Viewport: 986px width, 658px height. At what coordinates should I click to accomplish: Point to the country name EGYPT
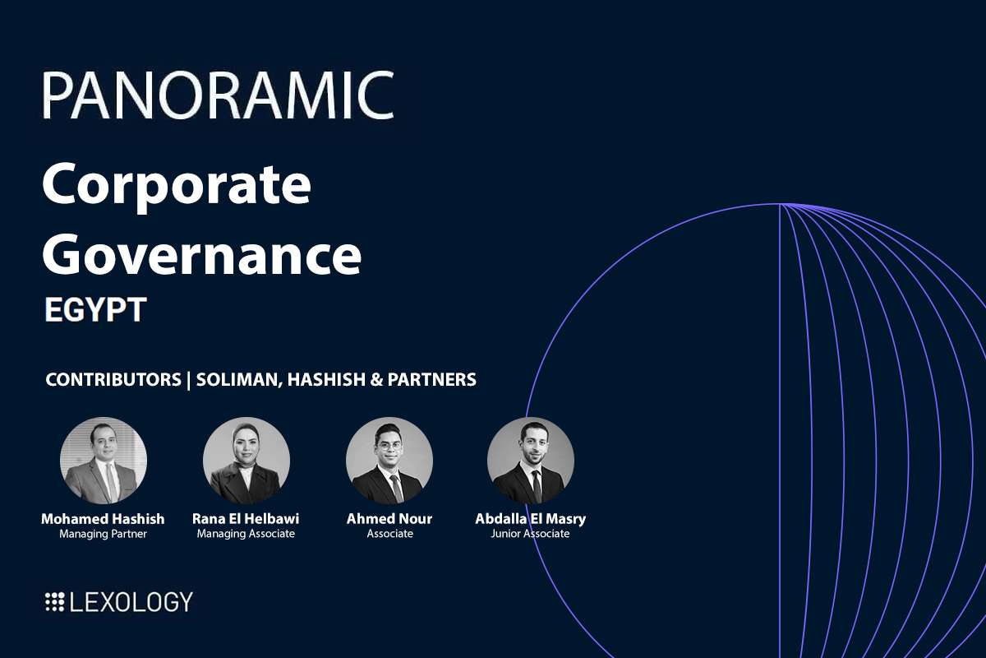(x=95, y=310)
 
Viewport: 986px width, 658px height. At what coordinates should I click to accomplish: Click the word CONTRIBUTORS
(x=113, y=380)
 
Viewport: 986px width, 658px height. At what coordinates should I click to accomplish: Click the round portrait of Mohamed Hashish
(x=104, y=461)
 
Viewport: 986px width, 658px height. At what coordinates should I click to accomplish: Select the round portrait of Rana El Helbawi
(x=246, y=461)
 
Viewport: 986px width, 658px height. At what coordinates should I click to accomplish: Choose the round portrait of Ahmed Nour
(x=389, y=461)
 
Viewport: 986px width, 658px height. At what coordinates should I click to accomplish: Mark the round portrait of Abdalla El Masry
(x=531, y=461)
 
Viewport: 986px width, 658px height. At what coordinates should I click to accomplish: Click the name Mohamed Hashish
(x=103, y=519)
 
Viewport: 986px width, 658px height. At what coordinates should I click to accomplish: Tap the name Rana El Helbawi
(x=246, y=519)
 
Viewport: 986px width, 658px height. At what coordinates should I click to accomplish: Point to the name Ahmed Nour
(x=389, y=519)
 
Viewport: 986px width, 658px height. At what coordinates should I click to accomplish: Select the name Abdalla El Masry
(x=531, y=519)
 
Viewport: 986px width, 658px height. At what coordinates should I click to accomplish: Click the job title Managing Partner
(x=103, y=534)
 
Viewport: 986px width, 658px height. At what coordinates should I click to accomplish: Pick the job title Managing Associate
(x=246, y=534)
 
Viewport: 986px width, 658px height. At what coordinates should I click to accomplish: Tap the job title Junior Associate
(x=531, y=534)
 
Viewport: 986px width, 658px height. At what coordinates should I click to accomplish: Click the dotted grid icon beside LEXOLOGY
(x=54, y=602)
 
